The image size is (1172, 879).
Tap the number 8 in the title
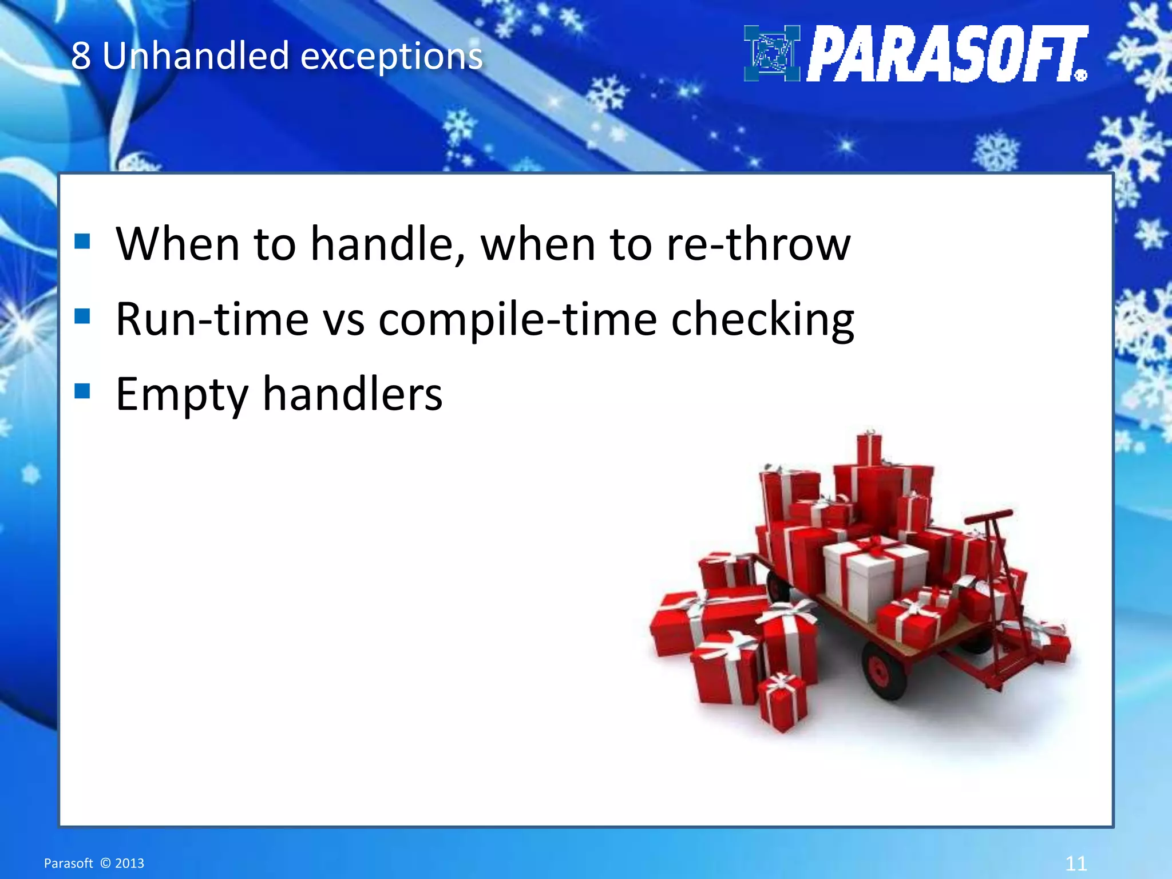[81, 57]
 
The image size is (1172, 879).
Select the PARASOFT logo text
[947, 54]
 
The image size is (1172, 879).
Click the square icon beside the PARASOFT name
[771, 54]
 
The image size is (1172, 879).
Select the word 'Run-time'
[212, 319]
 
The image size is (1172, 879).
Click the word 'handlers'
[353, 394]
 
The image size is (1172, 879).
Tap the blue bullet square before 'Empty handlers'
[82, 391]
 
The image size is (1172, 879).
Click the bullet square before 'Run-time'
[82, 316]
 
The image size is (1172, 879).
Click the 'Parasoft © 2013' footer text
[94, 863]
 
